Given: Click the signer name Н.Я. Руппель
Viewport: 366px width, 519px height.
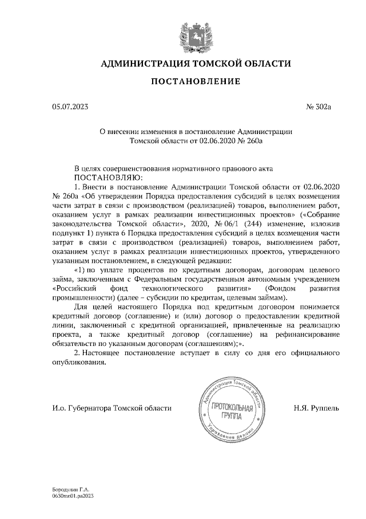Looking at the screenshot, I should pyautogui.click(x=316, y=408).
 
